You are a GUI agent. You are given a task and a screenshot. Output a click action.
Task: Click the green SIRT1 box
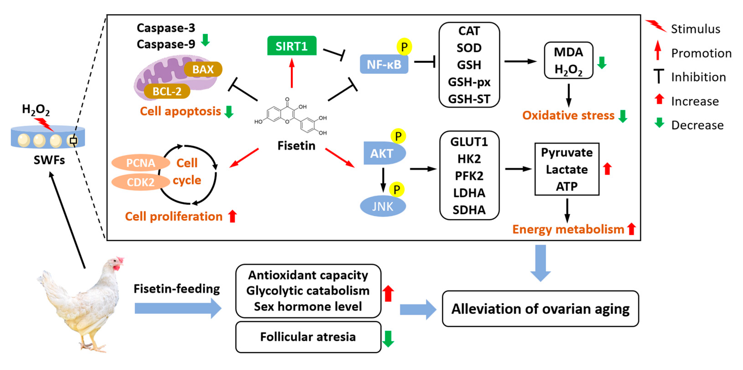pos(292,46)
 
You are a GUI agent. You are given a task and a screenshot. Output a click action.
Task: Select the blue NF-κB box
pos(384,64)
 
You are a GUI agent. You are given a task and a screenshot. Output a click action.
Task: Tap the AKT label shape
pos(382,153)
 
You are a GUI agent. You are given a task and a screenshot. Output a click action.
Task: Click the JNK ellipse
pos(383,206)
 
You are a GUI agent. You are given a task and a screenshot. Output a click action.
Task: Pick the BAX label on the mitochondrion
pos(203,69)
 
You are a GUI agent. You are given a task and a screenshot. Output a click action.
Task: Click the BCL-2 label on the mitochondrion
pos(167,92)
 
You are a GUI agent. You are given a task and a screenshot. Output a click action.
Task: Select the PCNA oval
pos(141,163)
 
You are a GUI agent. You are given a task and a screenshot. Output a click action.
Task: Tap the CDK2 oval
pos(141,182)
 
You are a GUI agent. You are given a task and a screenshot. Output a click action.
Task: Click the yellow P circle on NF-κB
pos(404,47)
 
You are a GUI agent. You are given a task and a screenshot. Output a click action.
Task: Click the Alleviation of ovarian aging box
pos(540,309)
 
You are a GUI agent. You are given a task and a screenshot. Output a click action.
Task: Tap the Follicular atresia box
pos(308,337)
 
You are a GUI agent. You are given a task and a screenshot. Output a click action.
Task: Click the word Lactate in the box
pos(566,169)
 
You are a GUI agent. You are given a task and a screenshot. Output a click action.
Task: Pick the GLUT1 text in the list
pos(469,142)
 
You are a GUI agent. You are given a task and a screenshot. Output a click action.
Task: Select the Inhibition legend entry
pos(698,77)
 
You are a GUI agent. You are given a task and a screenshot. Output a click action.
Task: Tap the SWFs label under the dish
pos(49,160)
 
